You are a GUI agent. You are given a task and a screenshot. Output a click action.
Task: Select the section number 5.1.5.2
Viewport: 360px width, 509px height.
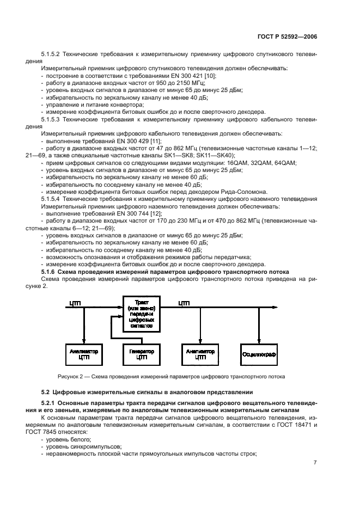click(53, 54)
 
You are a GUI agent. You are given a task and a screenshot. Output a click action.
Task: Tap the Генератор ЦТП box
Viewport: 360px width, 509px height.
click(141, 354)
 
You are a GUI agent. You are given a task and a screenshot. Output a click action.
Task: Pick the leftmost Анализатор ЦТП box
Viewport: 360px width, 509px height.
click(83, 354)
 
